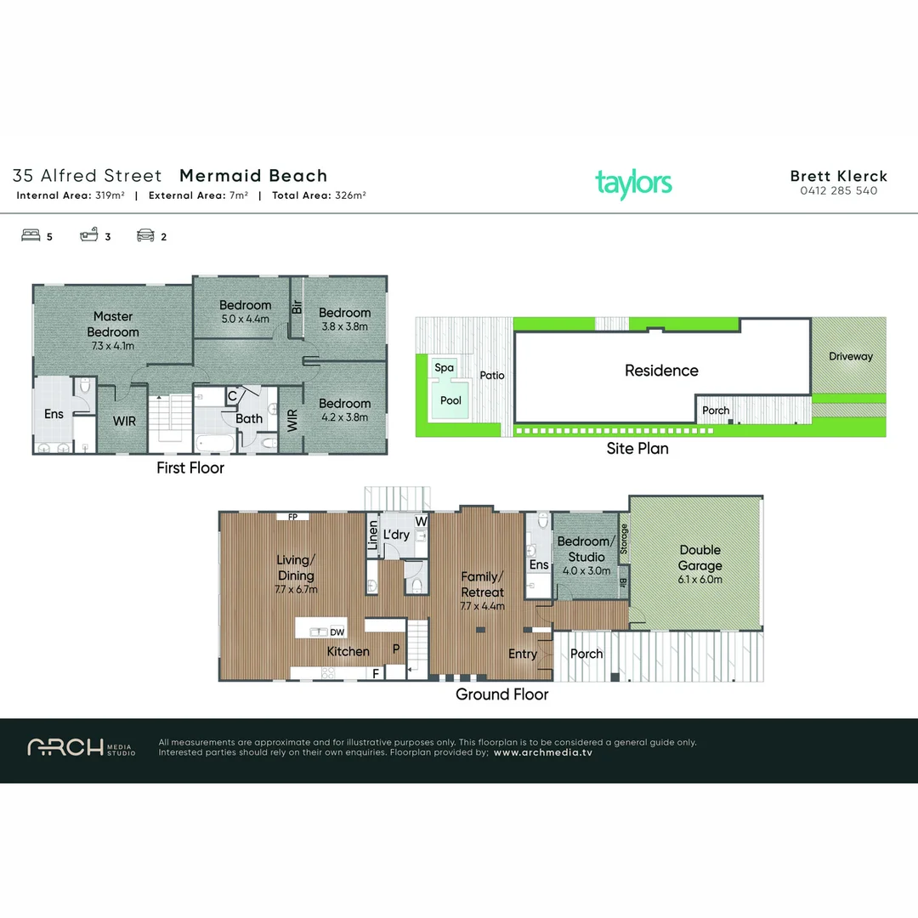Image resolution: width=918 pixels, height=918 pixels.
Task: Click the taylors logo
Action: click(633, 183)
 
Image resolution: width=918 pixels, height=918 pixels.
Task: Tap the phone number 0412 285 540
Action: click(838, 191)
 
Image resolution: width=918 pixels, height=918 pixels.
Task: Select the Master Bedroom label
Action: click(113, 324)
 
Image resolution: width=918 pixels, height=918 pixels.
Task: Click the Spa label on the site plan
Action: click(444, 368)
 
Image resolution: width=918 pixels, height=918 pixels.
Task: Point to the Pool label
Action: click(451, 400)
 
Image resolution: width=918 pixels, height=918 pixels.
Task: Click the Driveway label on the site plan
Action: click(850, 356)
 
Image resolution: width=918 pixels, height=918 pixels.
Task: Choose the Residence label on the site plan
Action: click(661, 371)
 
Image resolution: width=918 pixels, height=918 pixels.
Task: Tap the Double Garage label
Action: click(700, 558)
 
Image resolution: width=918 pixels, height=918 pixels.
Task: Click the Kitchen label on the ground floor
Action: click(348, 651)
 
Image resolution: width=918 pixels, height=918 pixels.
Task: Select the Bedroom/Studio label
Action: click(583, 549)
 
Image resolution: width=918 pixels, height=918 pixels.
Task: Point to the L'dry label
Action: click(396, 535)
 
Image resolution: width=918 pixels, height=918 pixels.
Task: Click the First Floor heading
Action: click(190, 467)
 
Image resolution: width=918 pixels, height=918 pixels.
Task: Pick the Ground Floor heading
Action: click(501, 694)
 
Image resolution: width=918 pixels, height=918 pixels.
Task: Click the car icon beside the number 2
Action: click(145, 236)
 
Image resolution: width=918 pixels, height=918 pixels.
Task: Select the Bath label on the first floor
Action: click(249, 418)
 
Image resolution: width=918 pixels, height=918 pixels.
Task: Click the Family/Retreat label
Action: click(482, 584)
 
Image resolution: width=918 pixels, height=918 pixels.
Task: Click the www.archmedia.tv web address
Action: click(542, 752)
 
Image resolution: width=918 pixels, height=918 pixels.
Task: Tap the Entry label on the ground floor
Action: click(523, 654)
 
